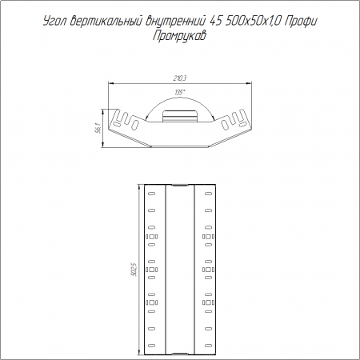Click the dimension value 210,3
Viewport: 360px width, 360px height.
pyautogui.click(x=180, y=78)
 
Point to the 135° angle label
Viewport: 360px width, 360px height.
pyautogui.click(x=180, y=93)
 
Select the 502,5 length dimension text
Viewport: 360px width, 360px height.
pyautogui.click(x=134, y=270)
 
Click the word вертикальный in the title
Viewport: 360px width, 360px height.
pyautogui.click(x=106, y=22)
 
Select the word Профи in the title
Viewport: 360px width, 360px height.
pyautogui.click(x=300, y=22)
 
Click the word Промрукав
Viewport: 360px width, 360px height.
pyautogui.click(x=180, y=36)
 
